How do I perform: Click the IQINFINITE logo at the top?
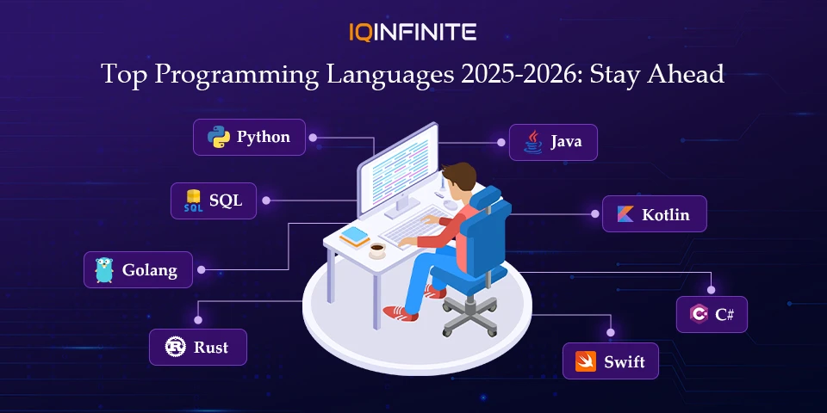point(413,33)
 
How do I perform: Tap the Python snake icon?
point(218,137)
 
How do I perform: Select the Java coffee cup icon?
point(534,142)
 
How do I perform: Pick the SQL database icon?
point(193,201)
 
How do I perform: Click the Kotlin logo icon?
point(625,214)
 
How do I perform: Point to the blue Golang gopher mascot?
point(104,270)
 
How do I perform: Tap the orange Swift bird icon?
point(584,361)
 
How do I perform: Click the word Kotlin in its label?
point(666,215)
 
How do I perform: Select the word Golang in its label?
point(149,270)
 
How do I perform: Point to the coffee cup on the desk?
point(377,250)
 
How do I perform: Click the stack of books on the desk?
point(354,236)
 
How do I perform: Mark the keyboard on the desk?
point(405,230)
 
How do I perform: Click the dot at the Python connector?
point(313,137)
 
